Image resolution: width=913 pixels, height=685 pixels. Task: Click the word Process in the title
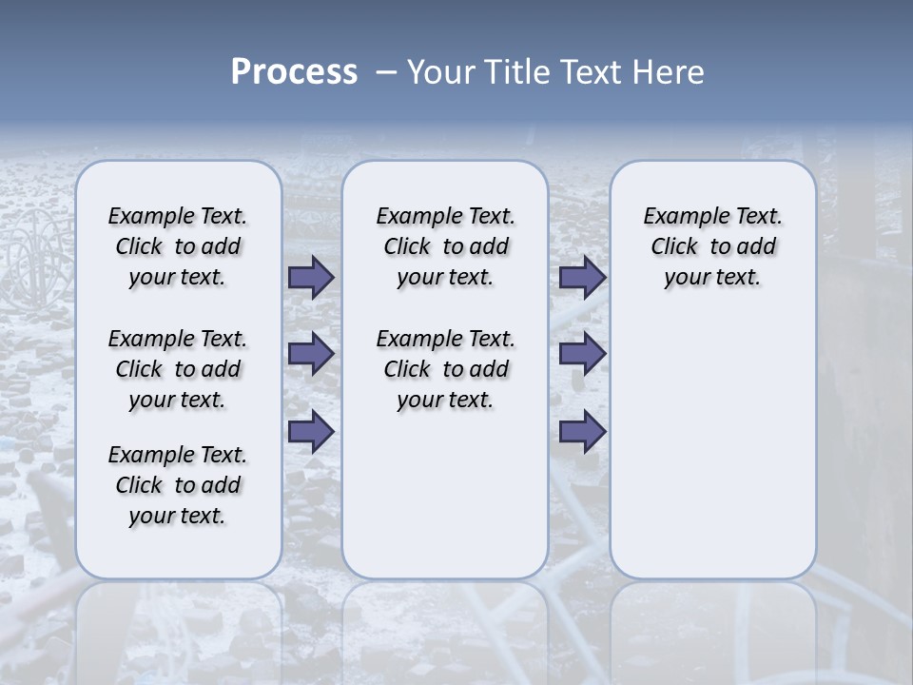click(x=294, y=72)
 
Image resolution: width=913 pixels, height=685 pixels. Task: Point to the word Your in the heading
click(x=441, y=72)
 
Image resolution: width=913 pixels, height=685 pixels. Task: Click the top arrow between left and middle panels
click(x=311, y=278)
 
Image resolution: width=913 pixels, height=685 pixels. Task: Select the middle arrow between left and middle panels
click(x=311, y=354)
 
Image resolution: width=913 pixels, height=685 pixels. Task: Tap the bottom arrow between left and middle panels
click(x=311, y=432)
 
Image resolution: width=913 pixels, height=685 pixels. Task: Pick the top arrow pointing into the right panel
click(x=582, y=278)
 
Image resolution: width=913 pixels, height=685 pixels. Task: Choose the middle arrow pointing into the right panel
click(x=582, y=354)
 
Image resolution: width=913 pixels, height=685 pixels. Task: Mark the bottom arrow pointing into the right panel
click(x=582, y=432)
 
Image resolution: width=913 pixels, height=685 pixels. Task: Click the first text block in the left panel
click(x=178, y=246)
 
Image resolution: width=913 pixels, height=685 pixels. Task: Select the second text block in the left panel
click(x=178, y=369)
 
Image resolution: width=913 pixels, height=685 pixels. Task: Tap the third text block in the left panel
click(x=178, y=485)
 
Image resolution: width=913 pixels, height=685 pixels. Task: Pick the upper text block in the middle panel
click(x=445, y=246)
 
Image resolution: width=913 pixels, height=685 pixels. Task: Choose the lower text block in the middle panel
click(x=445, y=369)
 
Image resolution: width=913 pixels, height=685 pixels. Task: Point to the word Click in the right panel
click(x=674, y=247)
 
